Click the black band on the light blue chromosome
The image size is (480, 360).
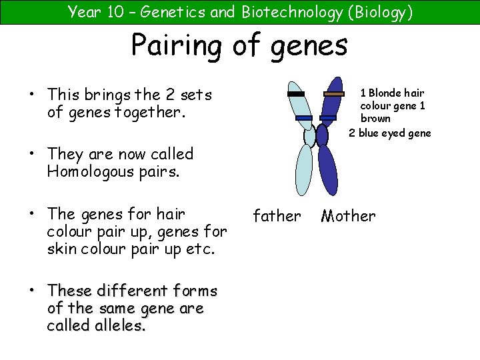pyautogui.click(x=295, y=94)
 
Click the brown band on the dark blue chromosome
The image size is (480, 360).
pyautogui.click(x=333, y=94)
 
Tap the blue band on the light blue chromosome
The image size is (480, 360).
pyautogui.click(x=304, y=118)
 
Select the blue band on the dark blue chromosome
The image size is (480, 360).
pyautogui.click(x=327, y=118)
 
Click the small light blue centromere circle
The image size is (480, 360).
pyautogui.click(x=309, y=136)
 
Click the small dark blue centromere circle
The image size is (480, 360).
pyautogui.click(x=322, y=135)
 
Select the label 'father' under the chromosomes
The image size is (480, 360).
pyautogui.click(x=277, y=216)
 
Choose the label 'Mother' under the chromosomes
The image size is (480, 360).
pyautogui.click(x=348, y=216)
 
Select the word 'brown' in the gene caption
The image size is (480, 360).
pyautogui.click(x=375, y=119)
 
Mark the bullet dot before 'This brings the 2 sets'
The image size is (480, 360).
pyautogui.click(x=32, y=95)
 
